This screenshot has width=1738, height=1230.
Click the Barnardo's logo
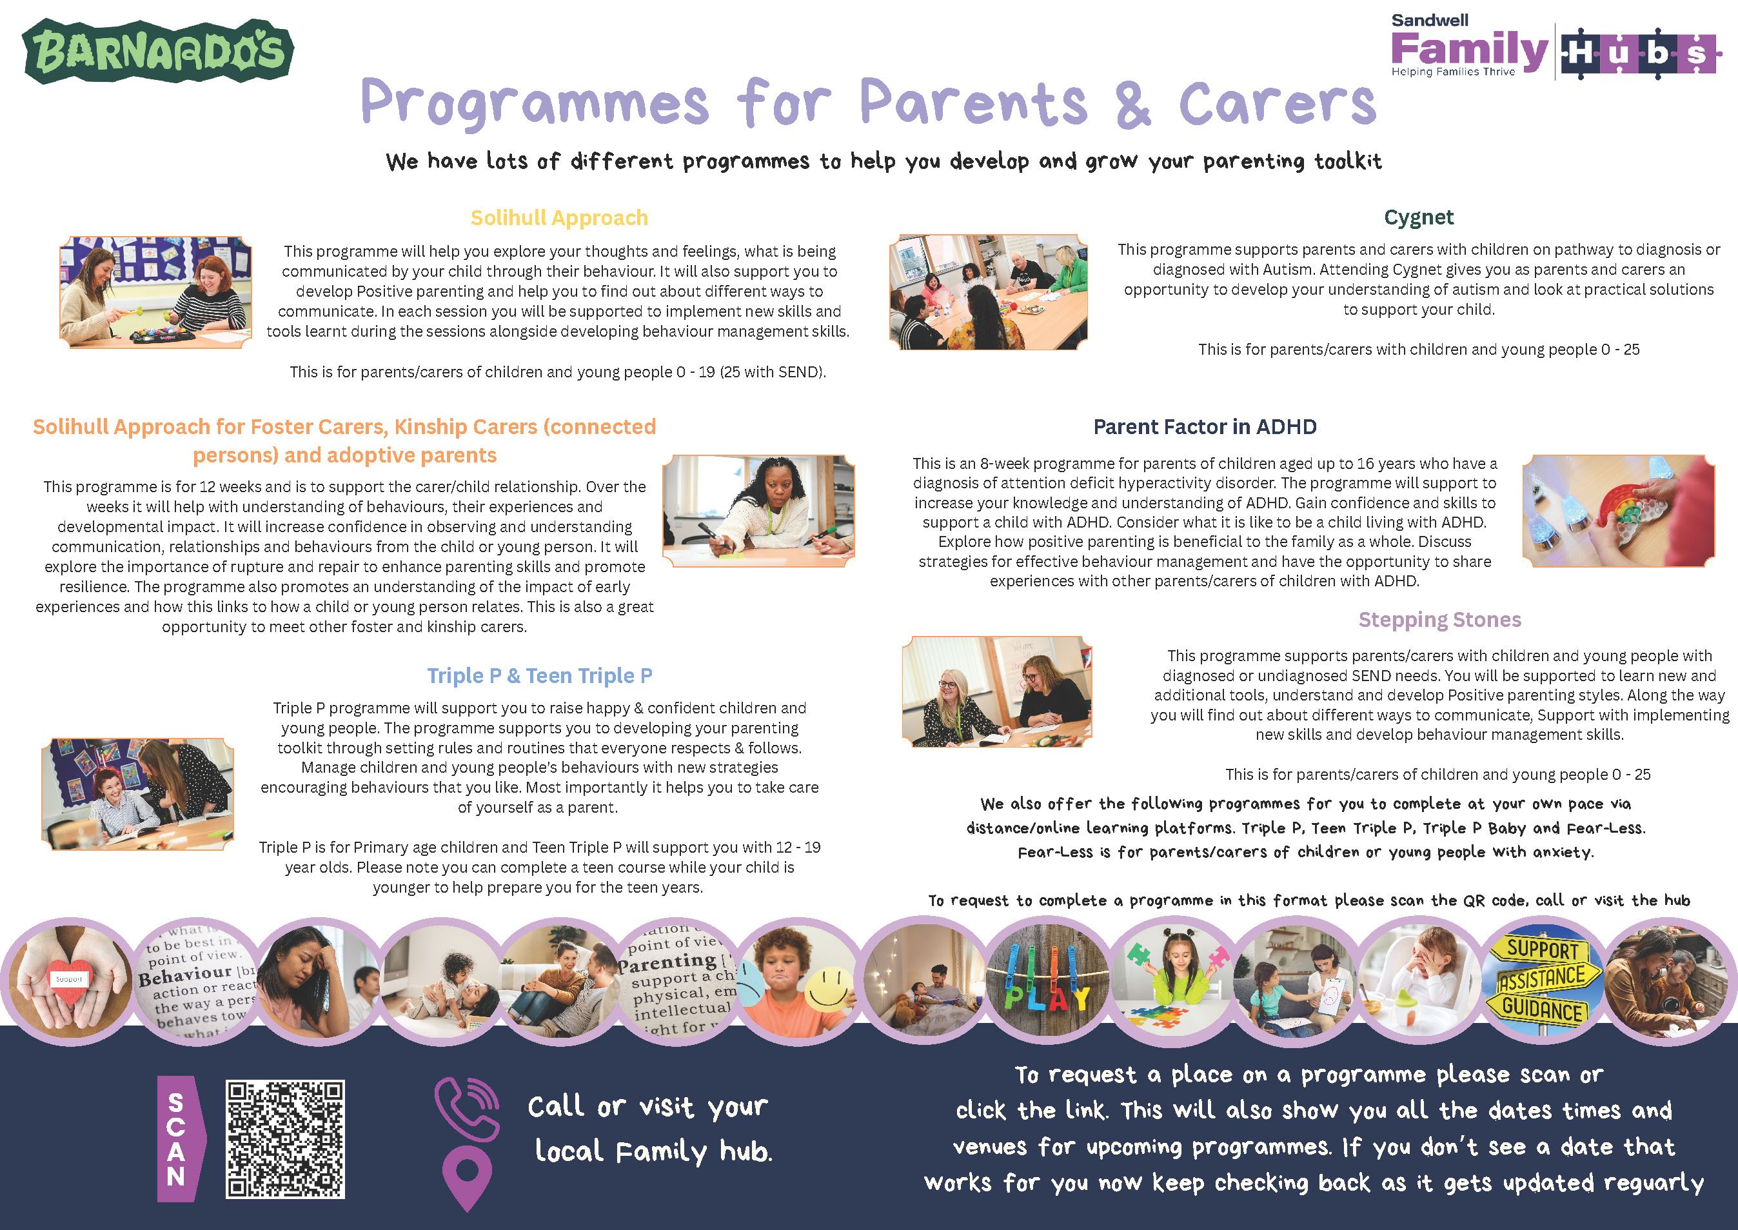158,52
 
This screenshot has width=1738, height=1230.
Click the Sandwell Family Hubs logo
1553,46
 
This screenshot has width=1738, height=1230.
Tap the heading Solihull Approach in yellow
559,218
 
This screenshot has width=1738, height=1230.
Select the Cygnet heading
1418,217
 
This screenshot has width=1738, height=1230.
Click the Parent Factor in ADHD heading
1205,427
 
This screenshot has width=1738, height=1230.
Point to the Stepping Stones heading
1439,620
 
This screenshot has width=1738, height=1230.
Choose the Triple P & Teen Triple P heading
539,675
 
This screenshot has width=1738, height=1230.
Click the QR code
285,1139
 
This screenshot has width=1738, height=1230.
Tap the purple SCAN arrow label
180,1139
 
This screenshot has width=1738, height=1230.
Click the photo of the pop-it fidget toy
1618,511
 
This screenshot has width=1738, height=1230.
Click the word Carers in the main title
1277,104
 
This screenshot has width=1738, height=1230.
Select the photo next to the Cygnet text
988,292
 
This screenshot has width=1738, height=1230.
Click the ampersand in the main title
1132,104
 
